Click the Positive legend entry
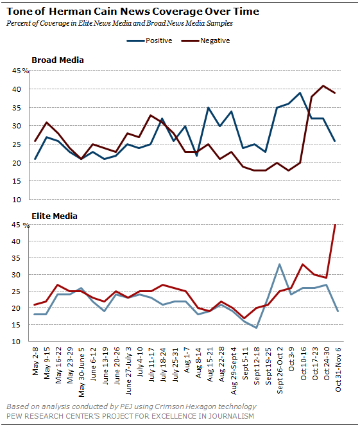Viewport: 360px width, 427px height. pos(150,40)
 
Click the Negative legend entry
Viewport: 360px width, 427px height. pos(206,40)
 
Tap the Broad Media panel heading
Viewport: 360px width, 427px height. pos(58,60)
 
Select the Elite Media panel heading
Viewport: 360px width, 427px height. pos(55,216)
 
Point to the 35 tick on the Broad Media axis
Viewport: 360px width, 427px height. pos(16,108)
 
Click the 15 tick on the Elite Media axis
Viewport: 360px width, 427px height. pos(16,325)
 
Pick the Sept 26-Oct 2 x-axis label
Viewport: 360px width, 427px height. pos(280,370)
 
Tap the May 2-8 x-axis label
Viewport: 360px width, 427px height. pos(36,361)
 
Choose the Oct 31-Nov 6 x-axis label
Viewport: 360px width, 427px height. pos(338,369)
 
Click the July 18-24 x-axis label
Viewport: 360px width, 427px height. pos(164,365)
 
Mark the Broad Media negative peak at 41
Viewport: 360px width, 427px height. pos(323,85)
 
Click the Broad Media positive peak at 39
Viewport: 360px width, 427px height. pos(300,93)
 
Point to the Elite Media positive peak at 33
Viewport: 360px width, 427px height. pos(279,264)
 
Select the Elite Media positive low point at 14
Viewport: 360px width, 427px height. pos(256,327)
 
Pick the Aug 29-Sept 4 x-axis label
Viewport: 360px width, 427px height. pos(234,370)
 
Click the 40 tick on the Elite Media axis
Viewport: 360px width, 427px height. pos(16,241)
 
